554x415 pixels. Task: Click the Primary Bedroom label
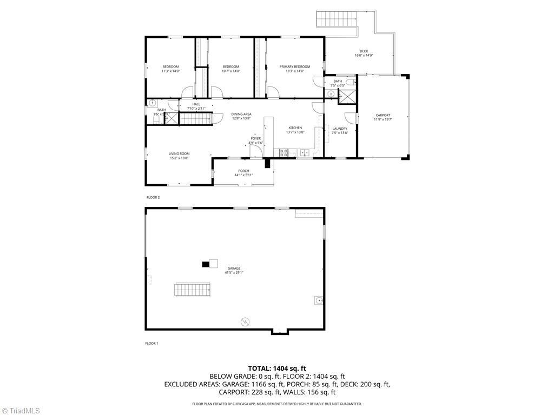(x=294, y=66)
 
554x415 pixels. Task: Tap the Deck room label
(x=364, y=51)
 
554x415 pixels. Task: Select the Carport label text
(x=382, y=115)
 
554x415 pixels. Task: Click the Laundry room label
(x=340, y=129)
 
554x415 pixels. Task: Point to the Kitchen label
(x=295, y=128)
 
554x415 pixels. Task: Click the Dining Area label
(x=241, y=114)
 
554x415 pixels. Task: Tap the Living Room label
(x=179, y=153)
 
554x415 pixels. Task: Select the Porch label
(x=243, y=171)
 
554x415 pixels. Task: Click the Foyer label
(x=255, y=138)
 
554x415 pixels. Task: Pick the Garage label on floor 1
(x=234, y=268)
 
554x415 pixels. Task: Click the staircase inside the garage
(x=192, y=290)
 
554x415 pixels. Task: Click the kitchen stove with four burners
(x=284, y=152)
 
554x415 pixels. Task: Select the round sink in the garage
(x=319, y=300)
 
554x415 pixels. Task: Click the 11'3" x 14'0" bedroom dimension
(x=170, y=71)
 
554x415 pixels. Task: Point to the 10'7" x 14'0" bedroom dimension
(x=230, y=71)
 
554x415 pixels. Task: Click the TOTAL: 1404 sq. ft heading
(x=277, y=368)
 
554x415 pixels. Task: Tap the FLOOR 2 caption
(x=153, y=197)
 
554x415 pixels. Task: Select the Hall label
(x=196, y=104)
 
